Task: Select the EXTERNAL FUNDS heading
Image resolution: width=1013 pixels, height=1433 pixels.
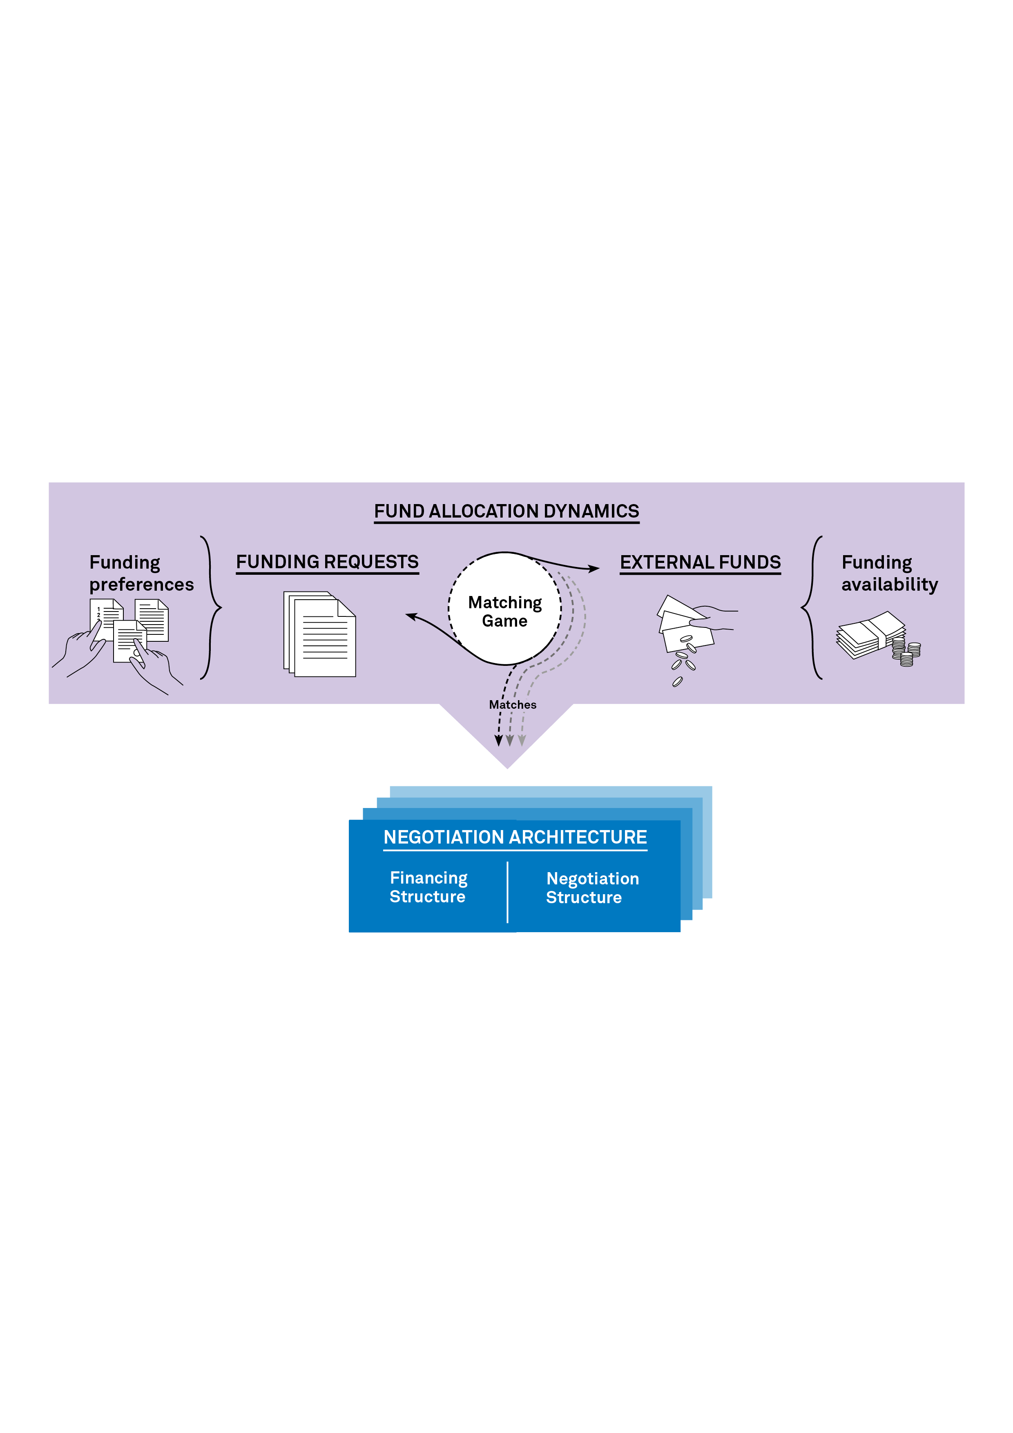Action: coord(700,562)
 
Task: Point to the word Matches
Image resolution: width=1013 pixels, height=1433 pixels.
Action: coord(513,705)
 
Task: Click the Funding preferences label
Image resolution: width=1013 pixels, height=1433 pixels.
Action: coord(141,573)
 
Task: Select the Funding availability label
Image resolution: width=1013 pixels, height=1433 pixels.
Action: coord(889,573)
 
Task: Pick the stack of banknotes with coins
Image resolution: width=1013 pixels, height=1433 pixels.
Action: coord(877,638)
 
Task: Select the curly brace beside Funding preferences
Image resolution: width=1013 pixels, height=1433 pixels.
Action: coord(211,607)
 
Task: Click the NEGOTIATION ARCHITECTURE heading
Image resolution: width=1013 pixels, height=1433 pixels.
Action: coord(515,837)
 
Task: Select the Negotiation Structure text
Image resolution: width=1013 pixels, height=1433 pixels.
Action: coord(592,888)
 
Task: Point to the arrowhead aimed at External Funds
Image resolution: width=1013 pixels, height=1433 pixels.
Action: coord(594,569)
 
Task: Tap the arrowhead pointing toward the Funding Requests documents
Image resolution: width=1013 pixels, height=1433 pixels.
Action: coord(411,617)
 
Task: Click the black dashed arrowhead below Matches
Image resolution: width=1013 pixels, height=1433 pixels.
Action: coord(498,741)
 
